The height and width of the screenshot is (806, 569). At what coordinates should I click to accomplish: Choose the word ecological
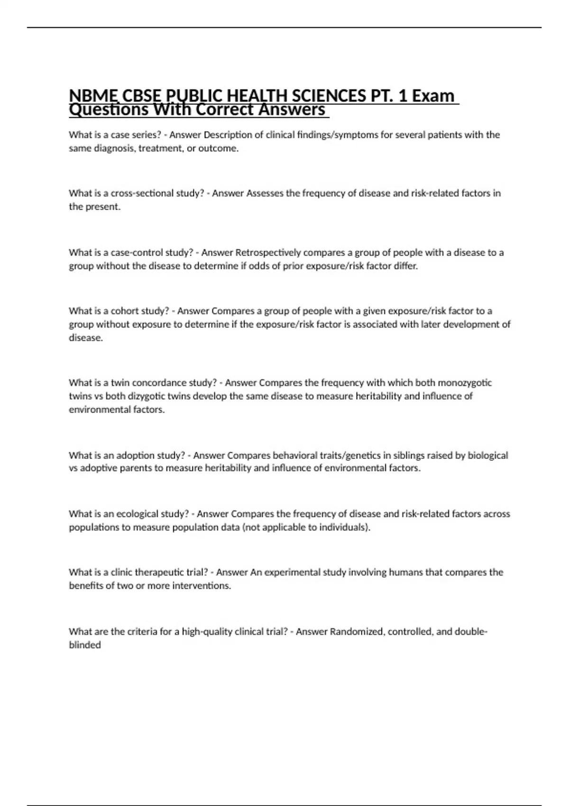click(138, 514)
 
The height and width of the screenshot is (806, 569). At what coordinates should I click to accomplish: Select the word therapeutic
click(160, 572)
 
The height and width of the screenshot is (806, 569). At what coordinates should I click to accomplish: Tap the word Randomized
click(357, 632)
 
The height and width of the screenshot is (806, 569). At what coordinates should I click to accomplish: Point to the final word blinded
click(85, 645)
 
